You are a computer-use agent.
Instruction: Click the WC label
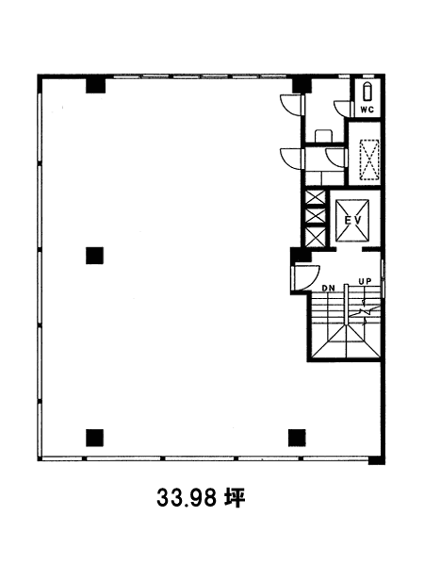pyautogui.click(x=367, y=109)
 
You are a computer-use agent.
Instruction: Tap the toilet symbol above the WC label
pyautogui.click(x=367, y=92)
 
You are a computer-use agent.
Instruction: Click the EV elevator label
pyautogui.click(x=352, y=220)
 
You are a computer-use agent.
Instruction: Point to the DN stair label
pyautogui.click(x=328, y=288)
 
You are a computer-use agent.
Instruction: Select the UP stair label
pyautogui.click(x=365, y=281)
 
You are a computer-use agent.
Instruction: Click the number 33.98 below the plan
pyautogui.click(x=187, y=498)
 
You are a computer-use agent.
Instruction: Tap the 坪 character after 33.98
pyautogui.click(x=235, y=498)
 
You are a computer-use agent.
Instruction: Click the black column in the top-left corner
pyautogui.click(x=95, y=86)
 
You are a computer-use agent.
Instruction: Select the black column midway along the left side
pyautogui.click(x=95, y=256)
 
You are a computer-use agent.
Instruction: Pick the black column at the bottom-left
pyautogui.click(x=95, y=438)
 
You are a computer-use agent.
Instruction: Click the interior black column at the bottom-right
pyautogui.click(x=297, y=438)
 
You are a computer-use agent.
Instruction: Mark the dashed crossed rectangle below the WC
pyautogui.click(x=369, y=159)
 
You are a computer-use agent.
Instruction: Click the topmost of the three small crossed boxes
pyautogui.click(x=315, y=197)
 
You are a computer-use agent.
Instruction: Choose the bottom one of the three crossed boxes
pyautogui.click(x=315, y=238)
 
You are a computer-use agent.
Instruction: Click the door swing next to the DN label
pyautogui.click(x=306, y=277)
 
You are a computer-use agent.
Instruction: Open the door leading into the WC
pyautogui.click(x=342, y=108)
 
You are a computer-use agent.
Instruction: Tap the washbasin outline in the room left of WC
pyautogui.click(x=324, y=136)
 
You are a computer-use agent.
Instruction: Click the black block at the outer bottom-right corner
pyautogui.click(x=376, y=460)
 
